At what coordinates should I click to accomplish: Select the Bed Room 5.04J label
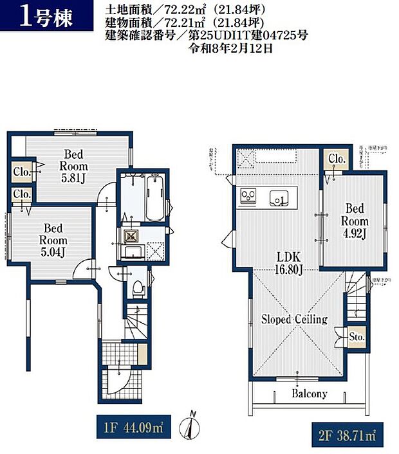(x=53, y=239)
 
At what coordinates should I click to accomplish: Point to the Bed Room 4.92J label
(x=355, y=221)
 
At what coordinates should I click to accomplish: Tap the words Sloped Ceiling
(x=294, y=319)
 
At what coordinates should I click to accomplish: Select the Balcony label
(x=309, y=394)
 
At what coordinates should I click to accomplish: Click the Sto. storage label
(x=358, y=337)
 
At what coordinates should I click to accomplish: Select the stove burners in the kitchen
(x=248, y=195)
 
